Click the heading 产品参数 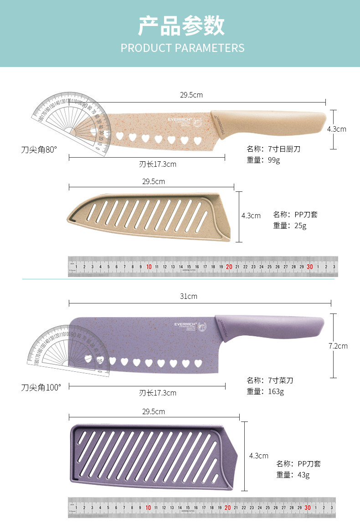tap(181, 26)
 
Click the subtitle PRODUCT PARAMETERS tap(182, 48)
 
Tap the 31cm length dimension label tap(189, 296)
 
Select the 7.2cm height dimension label tap(338, 346)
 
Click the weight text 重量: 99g tap(263, 160)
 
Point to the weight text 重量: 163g tap(265, 391)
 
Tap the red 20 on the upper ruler tap(229, 267)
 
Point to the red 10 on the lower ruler tap(148, 508)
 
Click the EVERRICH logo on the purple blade tap(188, 324)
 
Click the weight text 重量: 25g tap(290, 226)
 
